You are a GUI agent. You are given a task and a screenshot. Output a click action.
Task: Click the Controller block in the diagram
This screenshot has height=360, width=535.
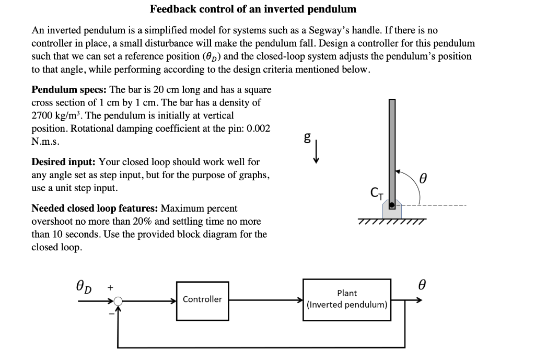tap(202, 300)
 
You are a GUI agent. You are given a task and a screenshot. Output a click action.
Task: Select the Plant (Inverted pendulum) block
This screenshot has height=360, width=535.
tap(347, 299)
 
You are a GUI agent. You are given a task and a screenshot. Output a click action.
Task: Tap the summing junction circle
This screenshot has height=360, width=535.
tap(119, 301)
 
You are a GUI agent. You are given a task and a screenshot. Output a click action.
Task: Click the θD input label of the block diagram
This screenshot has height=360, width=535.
tap(84, 287)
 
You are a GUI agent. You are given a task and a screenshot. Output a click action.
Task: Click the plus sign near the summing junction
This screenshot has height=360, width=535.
tap(110, 287)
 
